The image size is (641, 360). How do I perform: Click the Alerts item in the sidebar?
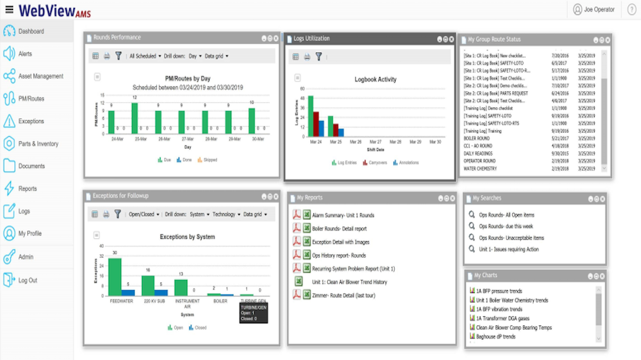click(25, 54)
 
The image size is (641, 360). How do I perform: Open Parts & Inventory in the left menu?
click(38, 144)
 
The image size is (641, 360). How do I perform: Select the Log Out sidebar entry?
click(27, 280)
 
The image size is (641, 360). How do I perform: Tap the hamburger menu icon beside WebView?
click(9, 9)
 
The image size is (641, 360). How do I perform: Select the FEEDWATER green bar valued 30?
click(115, 276)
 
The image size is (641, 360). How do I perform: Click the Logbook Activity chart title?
click(375, 79)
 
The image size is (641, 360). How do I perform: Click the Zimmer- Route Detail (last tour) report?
click(343, 295)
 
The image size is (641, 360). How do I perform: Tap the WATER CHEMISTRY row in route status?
click(485, 169)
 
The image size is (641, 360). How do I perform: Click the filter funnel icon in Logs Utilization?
click(318, 55)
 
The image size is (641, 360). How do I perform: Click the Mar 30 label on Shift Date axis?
click(435, 142)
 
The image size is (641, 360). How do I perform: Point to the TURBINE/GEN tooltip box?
click(254, 312)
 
